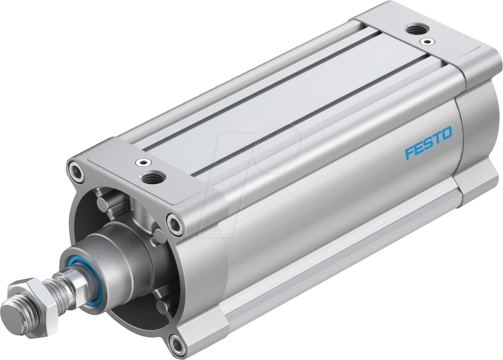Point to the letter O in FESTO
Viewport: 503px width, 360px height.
tap(447, 135)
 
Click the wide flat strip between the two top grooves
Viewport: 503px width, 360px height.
tap(267, 105)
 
